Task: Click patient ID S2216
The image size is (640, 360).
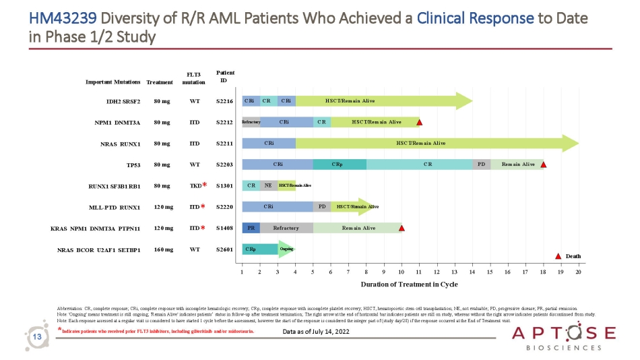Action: [x=224, y=101]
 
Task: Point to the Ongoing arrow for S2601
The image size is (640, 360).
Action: [x=286, y=249]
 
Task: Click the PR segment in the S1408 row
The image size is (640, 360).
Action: [x=251, y=228]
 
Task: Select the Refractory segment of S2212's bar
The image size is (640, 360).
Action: [x=251, y=122]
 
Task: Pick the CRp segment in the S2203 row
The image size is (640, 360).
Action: [x=339, y=164]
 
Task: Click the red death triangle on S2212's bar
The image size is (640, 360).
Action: [x=419, y=123]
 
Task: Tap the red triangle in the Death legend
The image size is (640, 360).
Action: [x=558, y=256]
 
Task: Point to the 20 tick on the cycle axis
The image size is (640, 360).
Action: [x=579, y=272]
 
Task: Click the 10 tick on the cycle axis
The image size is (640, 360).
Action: [x=402, y=272]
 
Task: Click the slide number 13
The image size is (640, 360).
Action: [x=38, y=336]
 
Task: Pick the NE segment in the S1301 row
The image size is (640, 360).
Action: [x=268, y=185]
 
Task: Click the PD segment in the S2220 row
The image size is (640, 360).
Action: [x=321, y=207]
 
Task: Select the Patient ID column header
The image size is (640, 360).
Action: [x=224, y=76]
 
